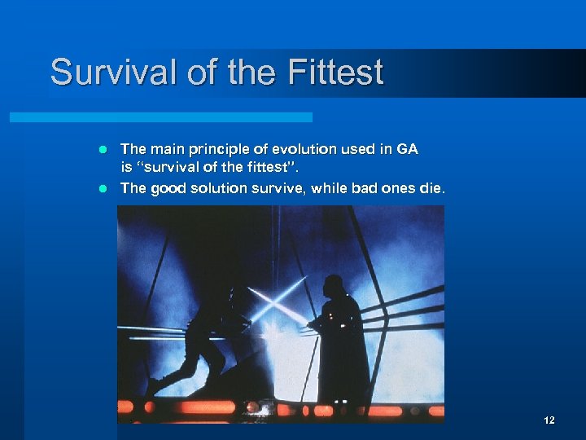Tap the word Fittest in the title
coord(335,72)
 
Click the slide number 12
coord(549,420)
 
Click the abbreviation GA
coord(407,149)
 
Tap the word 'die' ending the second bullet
coord(433,188)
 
